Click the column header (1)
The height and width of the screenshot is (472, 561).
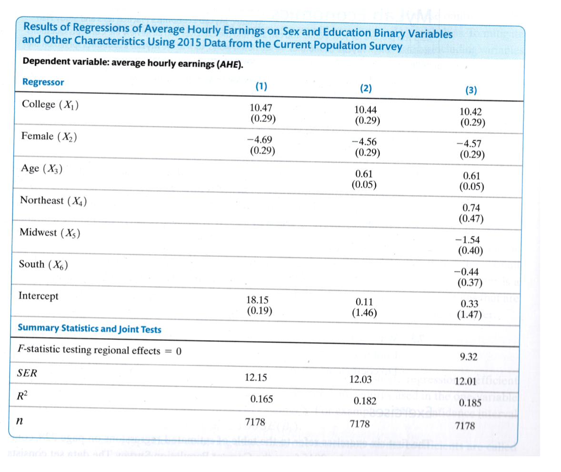click(x=261, y=86)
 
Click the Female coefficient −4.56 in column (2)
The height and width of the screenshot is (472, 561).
click(x=366, y=144)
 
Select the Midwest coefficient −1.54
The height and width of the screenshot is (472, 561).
click(x=470, y=240)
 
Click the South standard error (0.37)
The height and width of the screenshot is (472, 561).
click(x=471, y=283)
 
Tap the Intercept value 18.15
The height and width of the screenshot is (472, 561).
click(x=259, y=300)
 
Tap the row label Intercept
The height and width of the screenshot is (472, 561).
click(x=39, y=296)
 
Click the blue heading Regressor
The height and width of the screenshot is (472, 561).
click(x=43, y=82)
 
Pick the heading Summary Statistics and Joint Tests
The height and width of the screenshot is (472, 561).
click(x=89, y=329)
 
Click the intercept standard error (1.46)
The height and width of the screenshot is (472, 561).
click(x=364, y=313)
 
